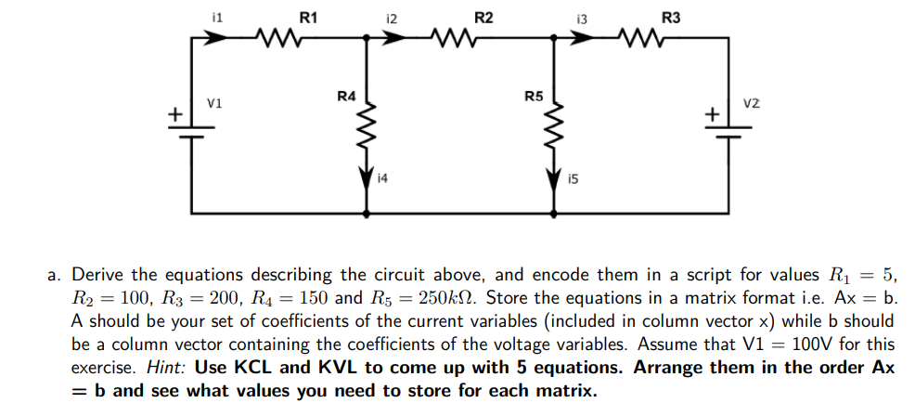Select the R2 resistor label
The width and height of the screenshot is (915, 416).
[x=483, y=16]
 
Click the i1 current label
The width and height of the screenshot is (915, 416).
[x=217, y=17]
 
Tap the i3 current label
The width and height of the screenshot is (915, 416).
[x=582, y=17]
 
